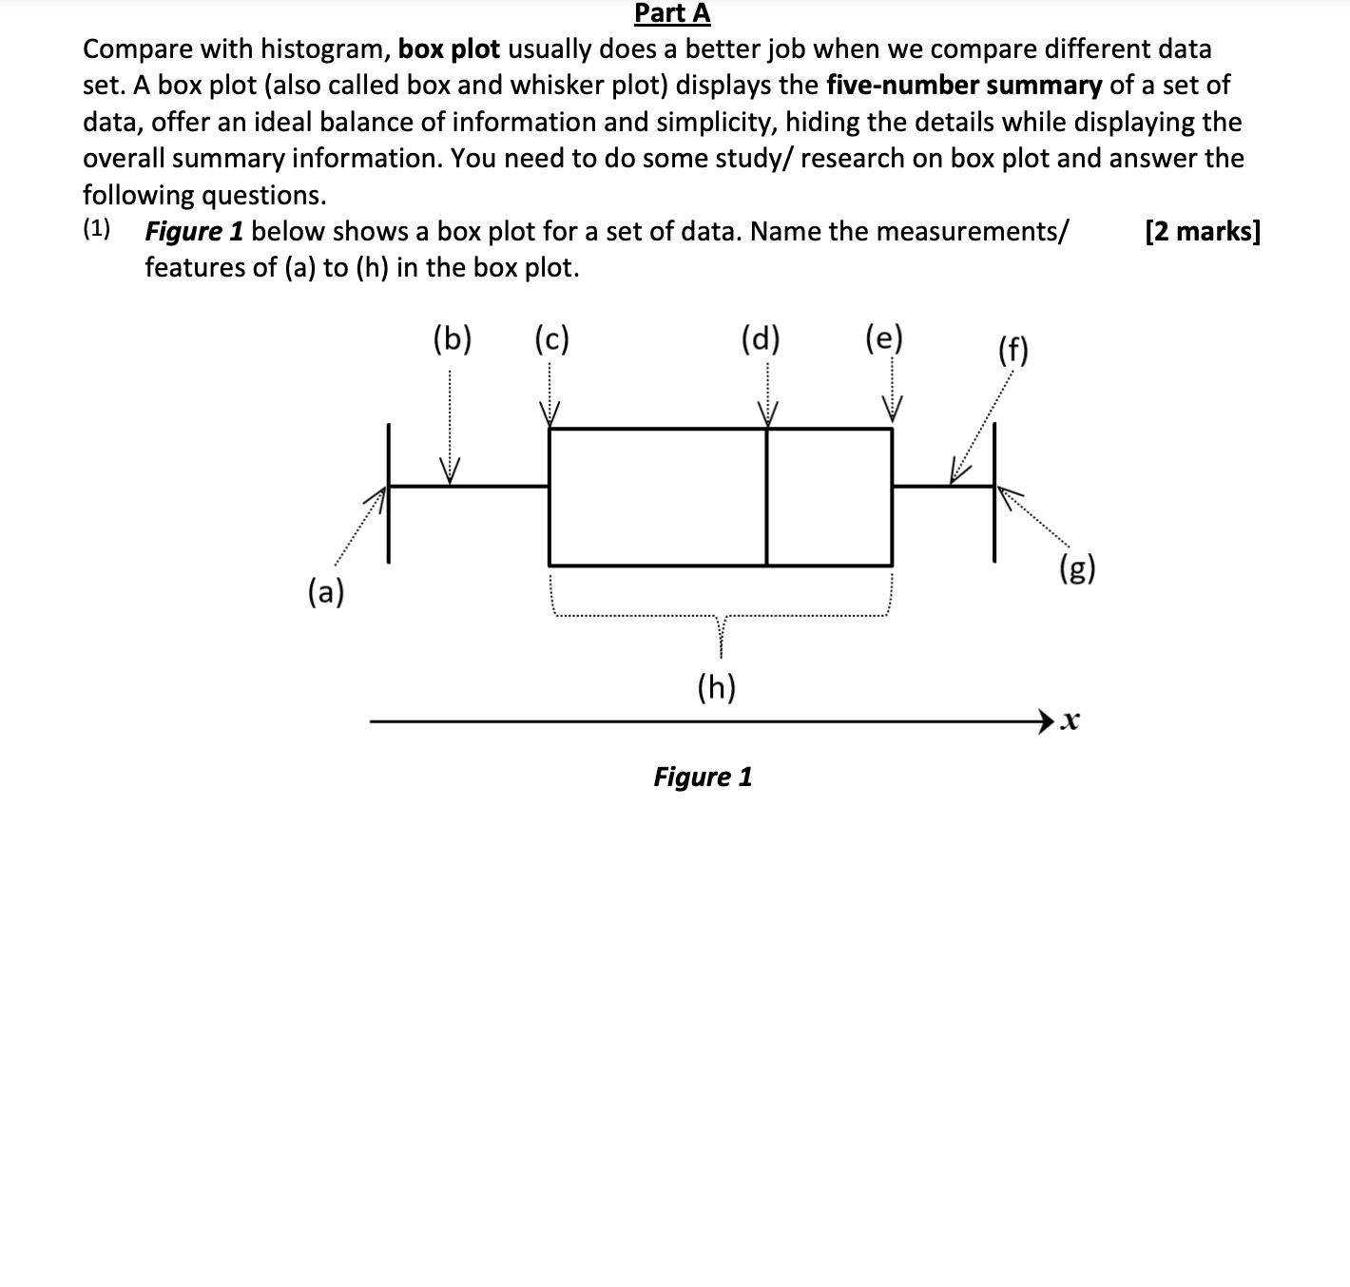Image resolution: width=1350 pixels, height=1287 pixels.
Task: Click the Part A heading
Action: click(672, 13)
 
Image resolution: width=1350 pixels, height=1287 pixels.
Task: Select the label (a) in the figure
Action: click(326, 592)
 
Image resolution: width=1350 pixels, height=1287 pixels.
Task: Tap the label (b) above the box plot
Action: click(452, 338)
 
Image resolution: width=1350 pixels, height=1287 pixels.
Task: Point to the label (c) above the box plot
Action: click(551, 338)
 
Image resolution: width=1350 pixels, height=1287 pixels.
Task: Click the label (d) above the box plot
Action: click(760, 338)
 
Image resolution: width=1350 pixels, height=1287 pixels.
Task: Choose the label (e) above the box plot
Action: click(884, 338)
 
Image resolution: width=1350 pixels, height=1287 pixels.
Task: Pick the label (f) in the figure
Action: click(1013, 351)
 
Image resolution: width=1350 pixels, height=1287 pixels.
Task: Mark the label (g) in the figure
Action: click(1077, 569)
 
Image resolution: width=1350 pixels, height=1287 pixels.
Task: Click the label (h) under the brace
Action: click(717, 686)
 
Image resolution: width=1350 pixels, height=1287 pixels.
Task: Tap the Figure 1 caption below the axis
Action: click(703, 777)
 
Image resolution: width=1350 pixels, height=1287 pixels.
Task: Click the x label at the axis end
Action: click(1070, 721)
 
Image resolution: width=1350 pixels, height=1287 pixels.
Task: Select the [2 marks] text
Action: click(1203, 231)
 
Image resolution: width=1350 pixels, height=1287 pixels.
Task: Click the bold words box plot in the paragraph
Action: click(449, 48)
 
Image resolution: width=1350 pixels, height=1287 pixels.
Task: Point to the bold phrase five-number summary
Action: click(964, 86)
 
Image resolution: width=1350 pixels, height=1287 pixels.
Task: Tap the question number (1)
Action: click(96, 230)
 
